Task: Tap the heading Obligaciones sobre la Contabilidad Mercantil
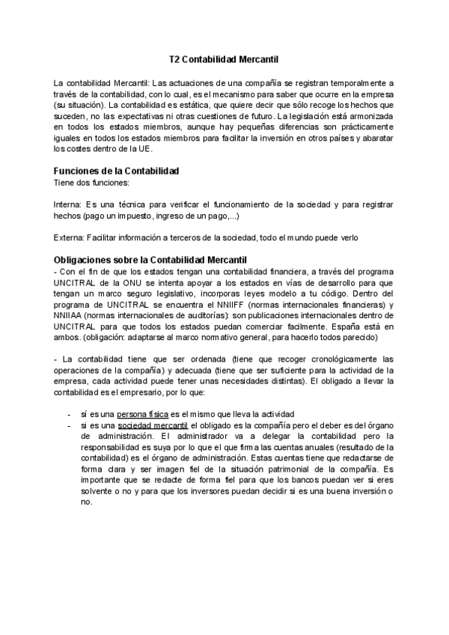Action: click(151, 260)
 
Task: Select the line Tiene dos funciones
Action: click(86, 182)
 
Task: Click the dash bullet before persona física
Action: click(69, 414)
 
